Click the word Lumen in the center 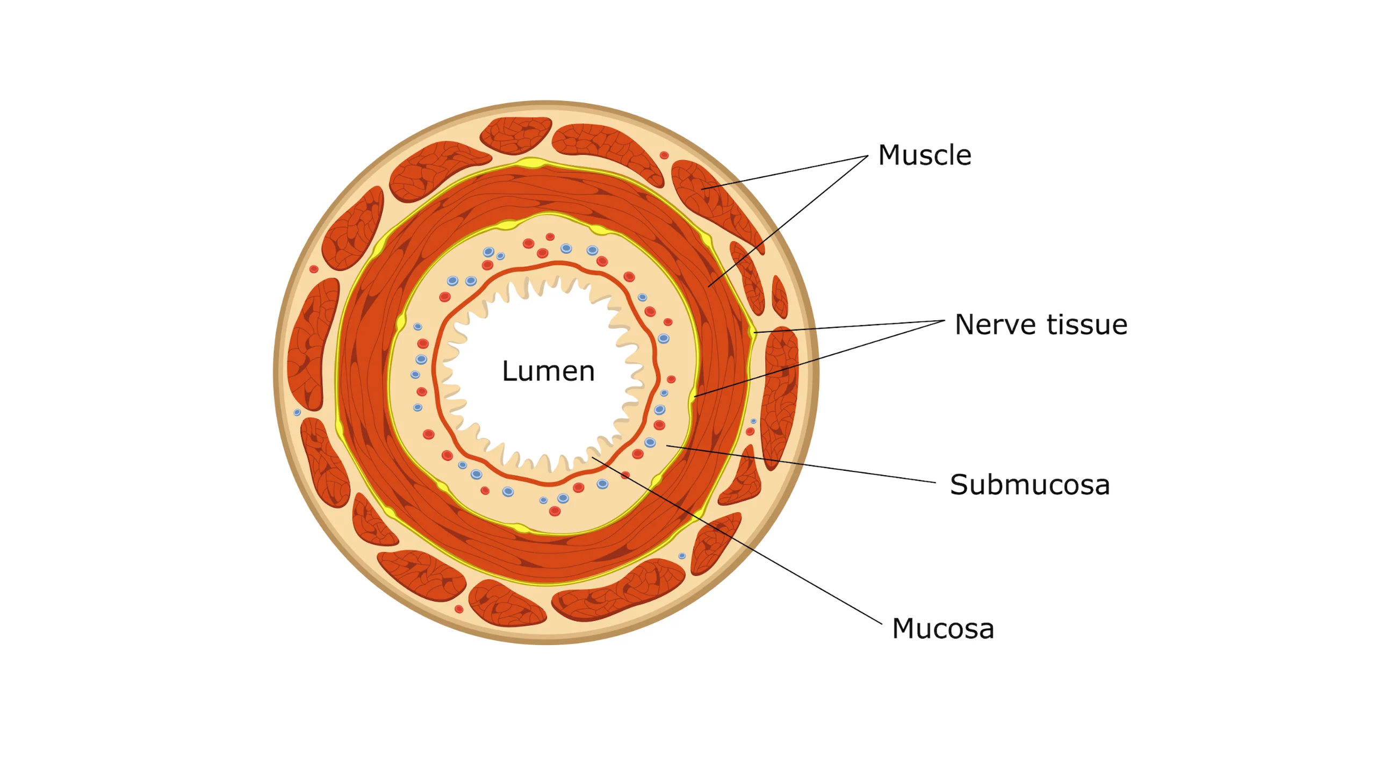coord(548,371)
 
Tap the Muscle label coord(924,155)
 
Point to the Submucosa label coord(1029,485)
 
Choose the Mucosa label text coord(943,628)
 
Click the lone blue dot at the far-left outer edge coord(297,412)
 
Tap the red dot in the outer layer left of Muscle coord(664,155)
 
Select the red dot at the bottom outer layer coord(459,609)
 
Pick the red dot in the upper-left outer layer coord(314,269)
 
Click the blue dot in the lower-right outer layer coord(682,556)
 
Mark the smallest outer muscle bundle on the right coord(779,297)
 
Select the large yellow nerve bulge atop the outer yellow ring coord(529,162)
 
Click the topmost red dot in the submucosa coord(550,236)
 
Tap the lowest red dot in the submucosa coord(555,511)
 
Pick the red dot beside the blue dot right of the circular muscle coord(750,432)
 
